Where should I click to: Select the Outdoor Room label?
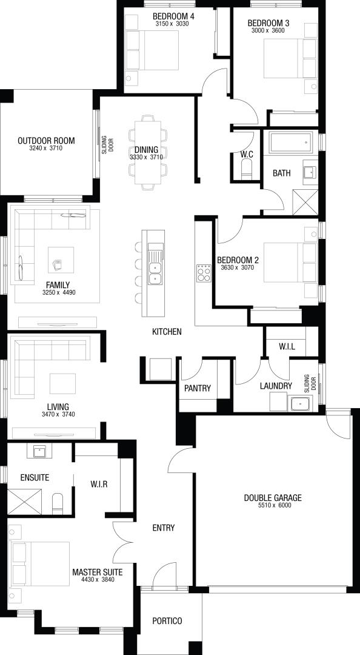[x=46, y=140]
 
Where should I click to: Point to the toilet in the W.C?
[x=247, y=169]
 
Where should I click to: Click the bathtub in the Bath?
[x=291, y=142]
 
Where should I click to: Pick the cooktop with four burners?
[x=204, y=274]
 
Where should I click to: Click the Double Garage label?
[x=273, y=498]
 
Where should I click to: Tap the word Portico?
[x=167, y=621]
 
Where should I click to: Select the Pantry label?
[x=198, y=388]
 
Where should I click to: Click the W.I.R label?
[x=99, y=484]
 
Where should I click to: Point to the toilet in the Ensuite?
[x=58, y=503]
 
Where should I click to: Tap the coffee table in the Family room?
[x=61, y=260]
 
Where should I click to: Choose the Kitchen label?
[x=167, y=332]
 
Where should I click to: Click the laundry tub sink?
[x=300, y=404]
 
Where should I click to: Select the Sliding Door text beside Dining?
[x=107, y=144]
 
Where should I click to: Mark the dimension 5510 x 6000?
[x=273, y=505]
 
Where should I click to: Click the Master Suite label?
[x=98, y=572]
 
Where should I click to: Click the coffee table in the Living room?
[x=62, y=383]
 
